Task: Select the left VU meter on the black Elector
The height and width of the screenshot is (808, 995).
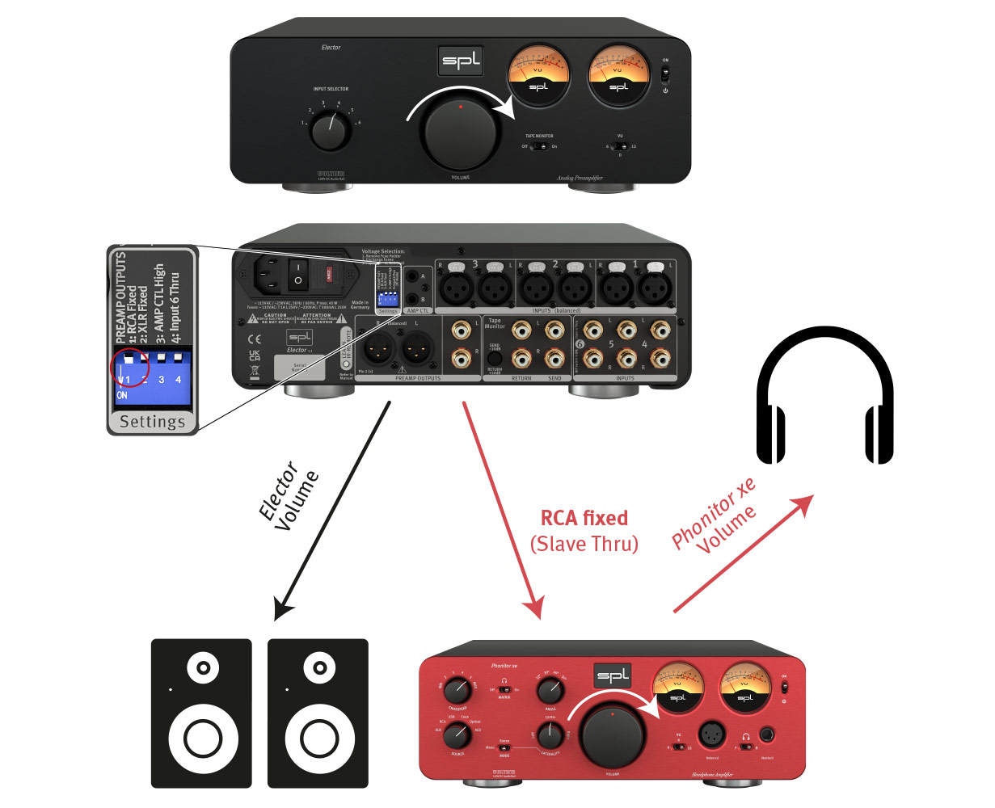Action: [x=538, y=76]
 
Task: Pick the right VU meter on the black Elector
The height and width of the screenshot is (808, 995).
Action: [x=618, y=76]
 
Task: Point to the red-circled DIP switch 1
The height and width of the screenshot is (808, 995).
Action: [x=129, y=367]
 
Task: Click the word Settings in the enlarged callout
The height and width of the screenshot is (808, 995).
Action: [x=152, y=422]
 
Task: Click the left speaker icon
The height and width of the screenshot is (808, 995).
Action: [x=202, y=713]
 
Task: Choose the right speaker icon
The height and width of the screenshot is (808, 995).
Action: [x=318, y=713]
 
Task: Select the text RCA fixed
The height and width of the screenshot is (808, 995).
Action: [x=584, y=518]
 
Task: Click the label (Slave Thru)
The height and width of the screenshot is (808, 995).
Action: [x=584, y=544]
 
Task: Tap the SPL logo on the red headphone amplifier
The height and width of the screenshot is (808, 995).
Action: [x=613, y=676]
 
